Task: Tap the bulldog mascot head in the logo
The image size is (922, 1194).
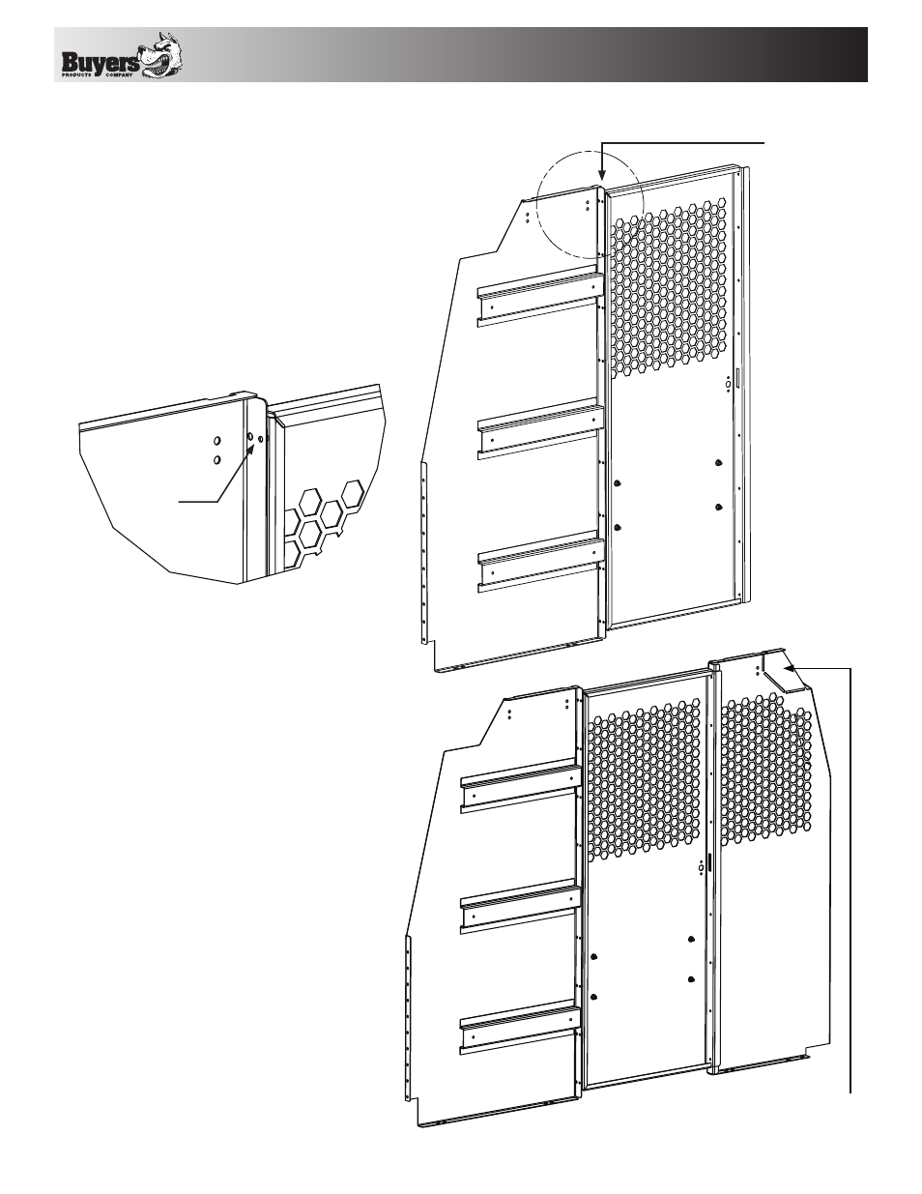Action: pyautogui.click(x=161, y=55)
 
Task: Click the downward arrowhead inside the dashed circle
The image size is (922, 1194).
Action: pyautogui.click(x=602, y=176)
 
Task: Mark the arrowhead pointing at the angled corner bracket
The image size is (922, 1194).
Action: pyautogui.click(x=790, y=669)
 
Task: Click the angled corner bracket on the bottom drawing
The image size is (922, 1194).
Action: pyautogui.click(x=784, y=672)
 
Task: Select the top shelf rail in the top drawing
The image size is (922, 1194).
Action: pyautogui.click(x=541, y=297)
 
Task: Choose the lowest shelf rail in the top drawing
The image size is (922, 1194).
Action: pyautogui.click(x=541, y=562)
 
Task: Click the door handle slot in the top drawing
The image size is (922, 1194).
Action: pyautogui.click(x=738, y=379)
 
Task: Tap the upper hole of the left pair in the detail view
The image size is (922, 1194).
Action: pyautogui.click(x=216, y=441)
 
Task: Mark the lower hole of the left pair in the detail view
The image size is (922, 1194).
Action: pyautogui.click(x=216, y=459)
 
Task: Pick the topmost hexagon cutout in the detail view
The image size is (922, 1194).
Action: pyautogui.click(x=353, y=493)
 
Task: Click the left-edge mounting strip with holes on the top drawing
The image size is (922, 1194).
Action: pyautogui.click(x=423, y=553)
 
